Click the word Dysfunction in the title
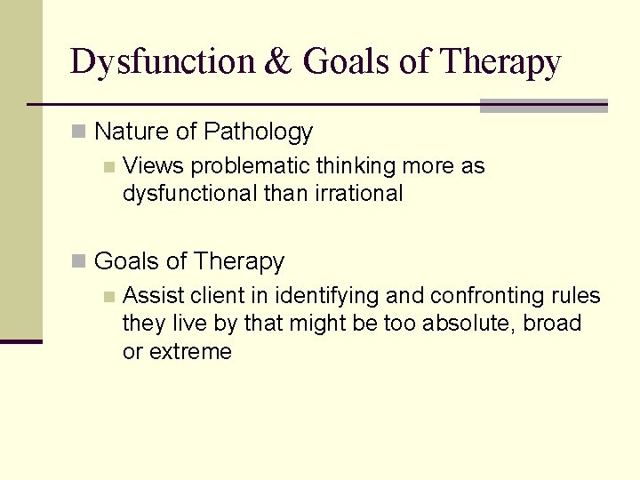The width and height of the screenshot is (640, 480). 162,62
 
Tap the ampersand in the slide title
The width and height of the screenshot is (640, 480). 277,62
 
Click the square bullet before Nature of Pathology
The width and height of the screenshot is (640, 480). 79,132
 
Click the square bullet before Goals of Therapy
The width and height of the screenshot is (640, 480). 79,262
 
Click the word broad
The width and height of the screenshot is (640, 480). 552,324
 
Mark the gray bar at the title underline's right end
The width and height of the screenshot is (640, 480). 543,106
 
